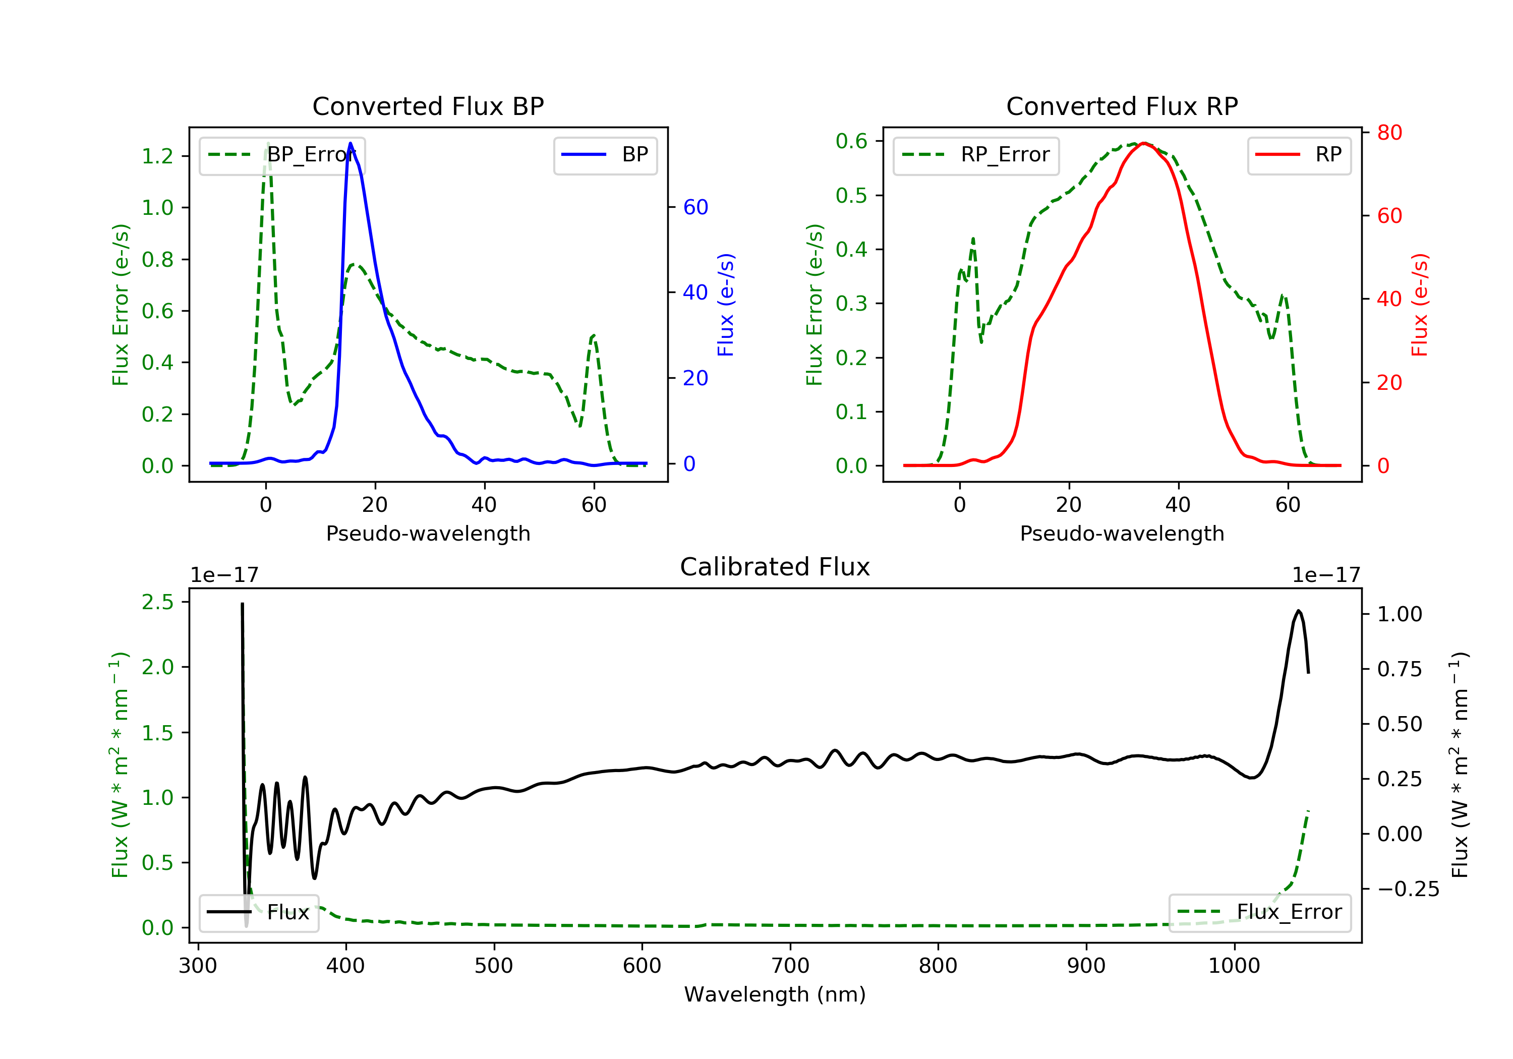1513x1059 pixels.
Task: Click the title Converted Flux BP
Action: (428, 106)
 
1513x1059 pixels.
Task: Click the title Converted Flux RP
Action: (1122, 106)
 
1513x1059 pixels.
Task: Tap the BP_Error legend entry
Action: (281, 155)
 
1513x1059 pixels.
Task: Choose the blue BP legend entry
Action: (605, 155)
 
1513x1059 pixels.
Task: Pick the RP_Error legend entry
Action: (975, 155)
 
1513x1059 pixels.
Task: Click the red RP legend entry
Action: (1299, 155)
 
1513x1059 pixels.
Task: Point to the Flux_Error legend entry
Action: (1259, 913)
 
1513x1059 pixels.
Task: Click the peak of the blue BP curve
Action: (350, 143)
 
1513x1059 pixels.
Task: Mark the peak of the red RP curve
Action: (1144, 143)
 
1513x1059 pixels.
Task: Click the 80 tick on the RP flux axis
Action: (1389, 133)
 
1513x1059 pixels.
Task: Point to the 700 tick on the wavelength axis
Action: (790, 966)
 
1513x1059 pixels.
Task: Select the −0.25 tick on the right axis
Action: (1408, 890)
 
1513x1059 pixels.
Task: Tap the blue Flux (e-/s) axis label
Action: (726, 305)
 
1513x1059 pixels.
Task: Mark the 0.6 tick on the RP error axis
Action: (851, 141)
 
